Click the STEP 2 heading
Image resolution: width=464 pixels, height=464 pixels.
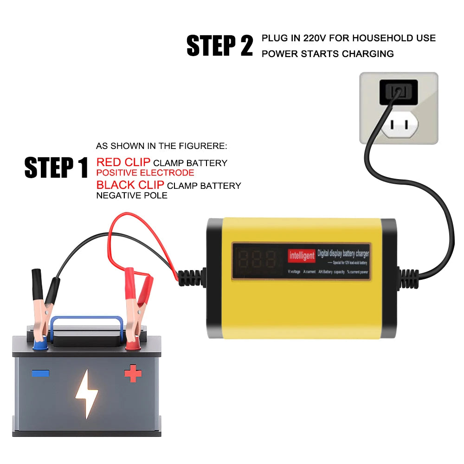coord(219,45)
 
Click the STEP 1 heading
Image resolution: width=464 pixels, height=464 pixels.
coord(56,168)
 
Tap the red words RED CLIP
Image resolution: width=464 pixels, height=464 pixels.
coord(123,162)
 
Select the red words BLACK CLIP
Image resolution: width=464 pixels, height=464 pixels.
coord(130,185)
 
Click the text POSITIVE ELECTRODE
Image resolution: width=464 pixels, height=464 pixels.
coord(145,173)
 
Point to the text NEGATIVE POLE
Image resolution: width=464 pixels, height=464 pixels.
coord(132,195)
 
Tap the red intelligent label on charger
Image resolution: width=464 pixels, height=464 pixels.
coord(302,255)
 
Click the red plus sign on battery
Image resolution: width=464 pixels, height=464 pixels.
coord(133,374)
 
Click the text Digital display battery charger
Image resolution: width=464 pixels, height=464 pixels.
coord(343,254)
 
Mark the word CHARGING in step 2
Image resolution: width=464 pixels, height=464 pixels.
coord(368,54)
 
